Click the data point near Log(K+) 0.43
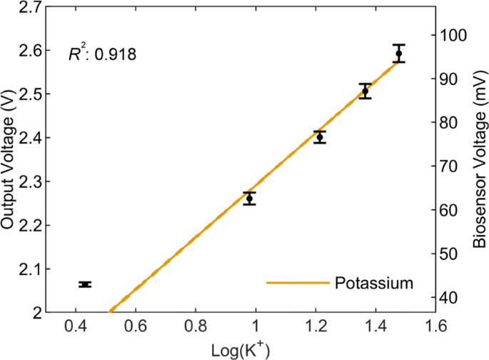pyautogui.click(x=85, y=284)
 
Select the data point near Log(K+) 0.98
pyautogui.click(x=249, y=198)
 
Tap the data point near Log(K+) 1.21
pyautogui.click(x=320, y=137)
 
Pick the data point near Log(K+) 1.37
pyautogui.click(x=365, y=91)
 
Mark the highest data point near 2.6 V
pyautogui.click(x=398, y=54)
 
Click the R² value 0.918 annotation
pyautogui.click(x=102, y=54)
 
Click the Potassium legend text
pyautogui.click(x=374, y=283)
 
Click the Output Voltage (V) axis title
pyautogui.click(x=9, y=162)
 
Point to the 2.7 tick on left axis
pyautogui.click(x=29, y=7)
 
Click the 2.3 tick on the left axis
pyautogui.click(x=29, y=181)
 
